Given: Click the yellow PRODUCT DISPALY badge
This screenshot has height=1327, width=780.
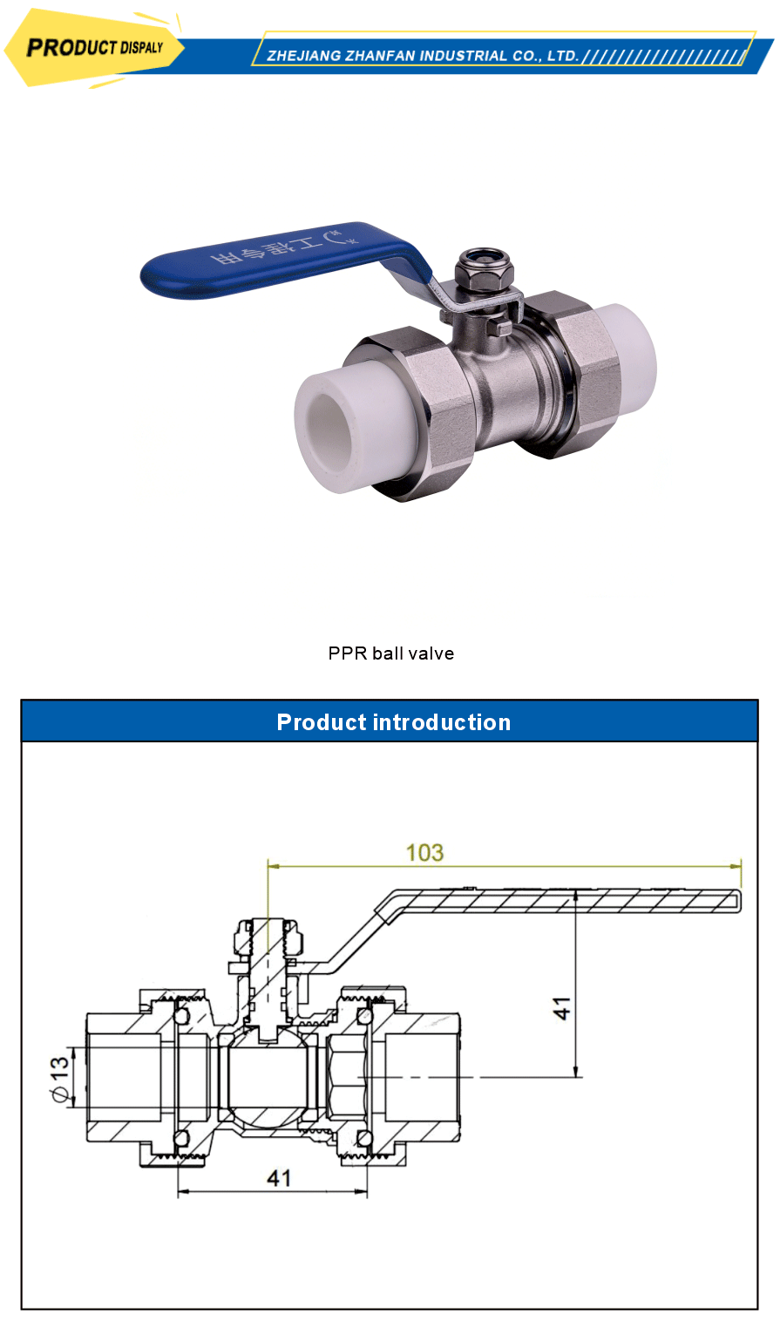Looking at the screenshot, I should [x=94, y=47].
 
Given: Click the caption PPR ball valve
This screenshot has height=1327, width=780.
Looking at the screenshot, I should [x=390, y=653].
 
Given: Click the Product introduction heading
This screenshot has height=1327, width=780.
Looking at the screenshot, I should [x=393, y=722].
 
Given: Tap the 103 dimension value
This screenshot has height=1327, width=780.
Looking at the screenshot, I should [x=424, y=852].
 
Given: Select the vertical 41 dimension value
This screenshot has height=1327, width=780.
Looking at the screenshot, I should [x=564, y=1008].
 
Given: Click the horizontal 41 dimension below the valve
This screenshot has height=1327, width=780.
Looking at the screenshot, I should [x=279, y=1178].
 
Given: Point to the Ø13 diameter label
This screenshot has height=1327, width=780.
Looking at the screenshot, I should [x=60, y=1080].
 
